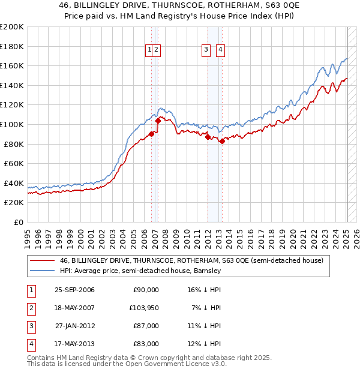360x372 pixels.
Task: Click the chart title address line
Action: (x=179, y=5)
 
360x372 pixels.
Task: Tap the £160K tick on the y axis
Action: (x=12, y=65)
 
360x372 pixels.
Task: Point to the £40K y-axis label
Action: (x=14, y=183)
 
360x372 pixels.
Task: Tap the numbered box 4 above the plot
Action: (x=220, y=50)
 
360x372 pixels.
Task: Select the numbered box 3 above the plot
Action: (x=206, y=50)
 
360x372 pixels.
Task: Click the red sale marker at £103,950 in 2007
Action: (x=158, y=121)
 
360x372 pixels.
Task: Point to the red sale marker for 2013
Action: (x=222, y=141)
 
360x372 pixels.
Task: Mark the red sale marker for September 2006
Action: (x=152, y=134)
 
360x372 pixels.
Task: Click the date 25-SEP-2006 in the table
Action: (x=74, y=290)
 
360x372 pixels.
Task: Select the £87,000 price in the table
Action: (x=146, y=326)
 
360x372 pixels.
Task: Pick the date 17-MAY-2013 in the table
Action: (x=74, y=344)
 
